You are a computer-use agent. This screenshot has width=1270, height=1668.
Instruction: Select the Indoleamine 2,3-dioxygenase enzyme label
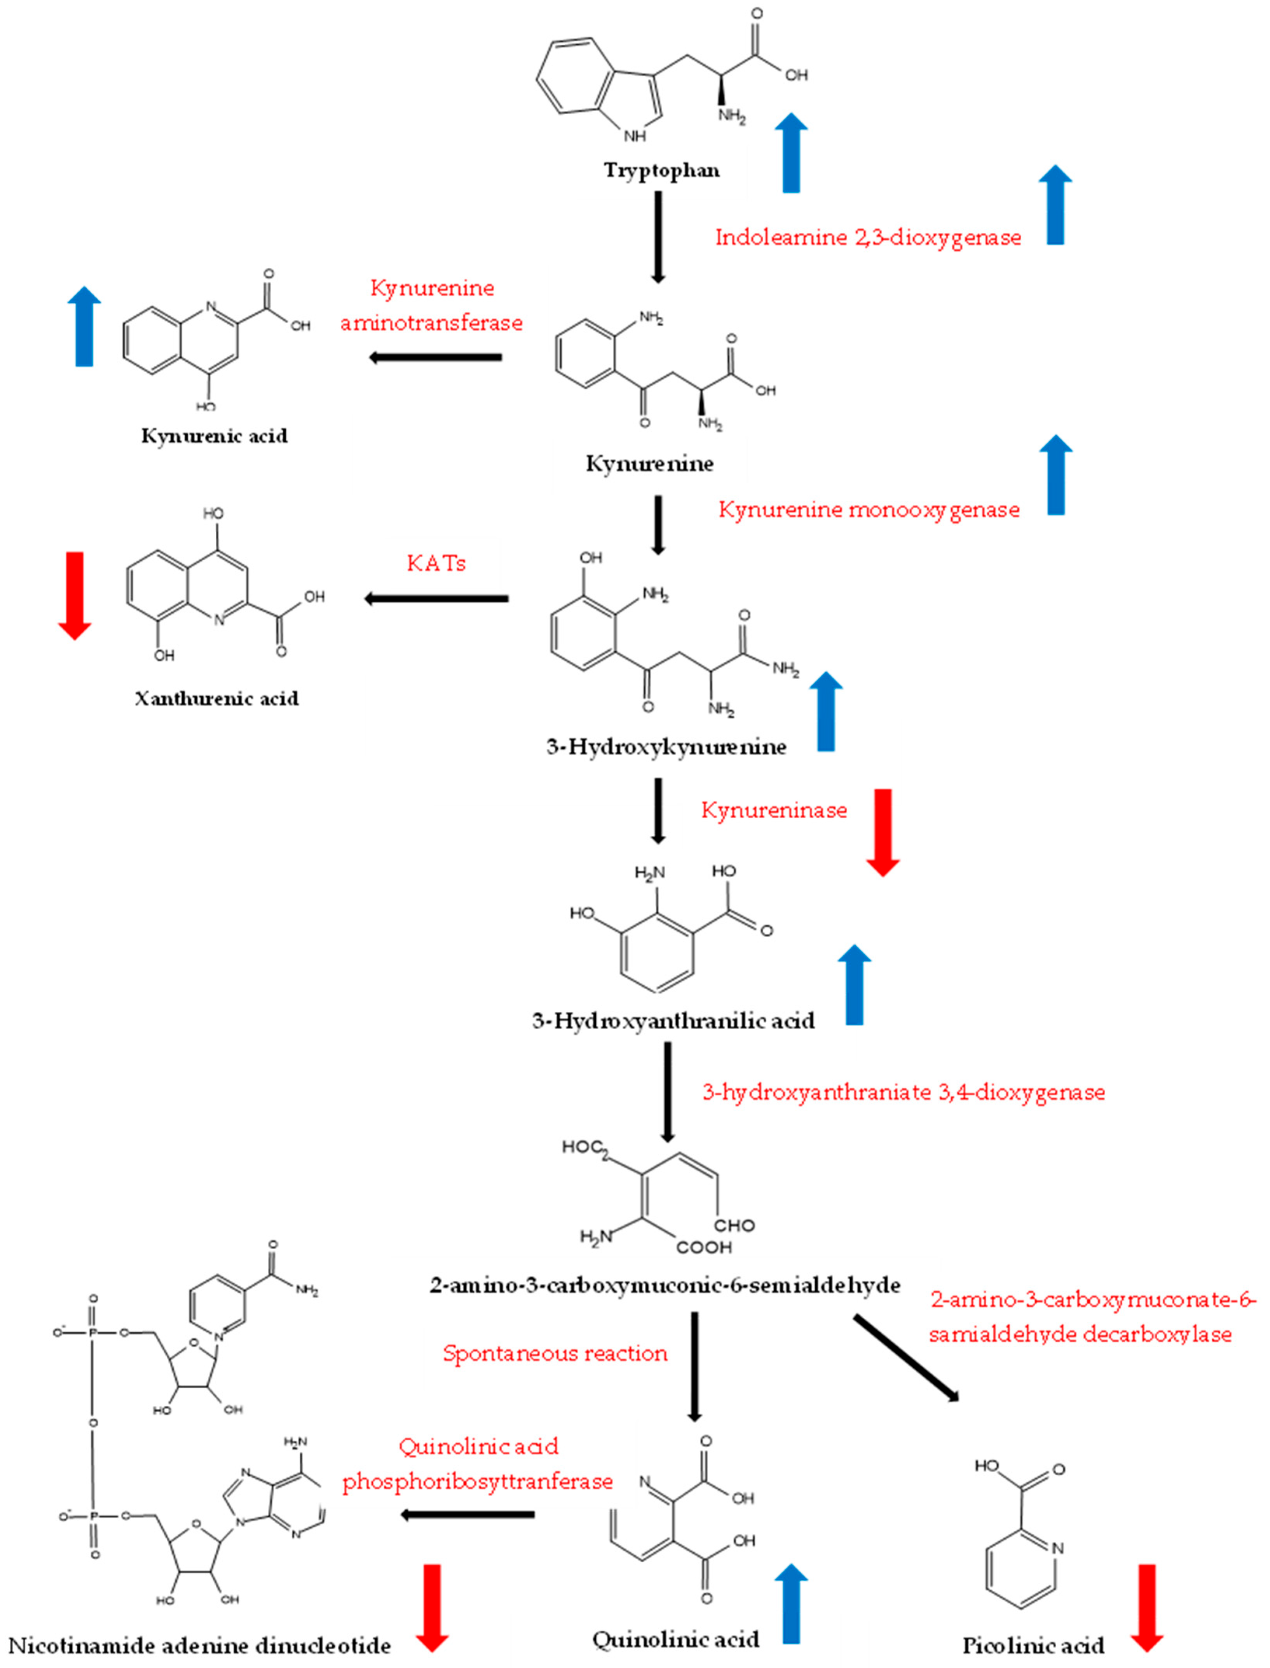[x=868, y=237]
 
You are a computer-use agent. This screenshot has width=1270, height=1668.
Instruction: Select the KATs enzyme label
[x=436, y=563]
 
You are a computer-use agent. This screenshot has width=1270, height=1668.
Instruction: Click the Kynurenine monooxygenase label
[x=869, y=509]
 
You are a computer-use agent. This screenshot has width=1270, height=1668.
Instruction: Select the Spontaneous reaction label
[x=555, y=1353]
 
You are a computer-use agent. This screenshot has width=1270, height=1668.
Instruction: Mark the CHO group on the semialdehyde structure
[x=734, y=1225]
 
